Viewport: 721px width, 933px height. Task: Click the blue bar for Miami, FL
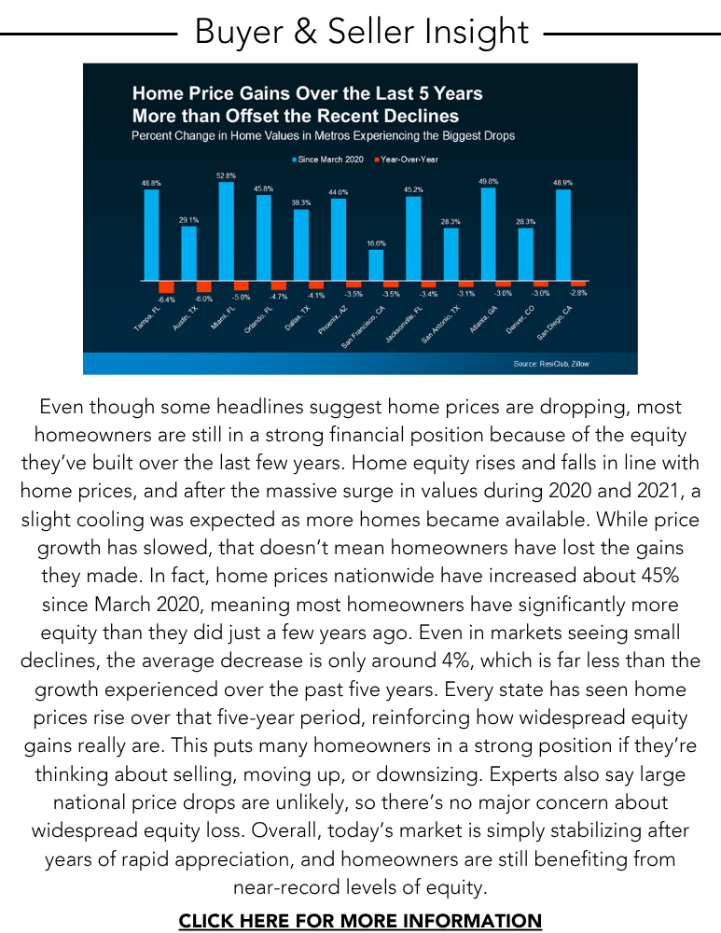click(x=226, y=230)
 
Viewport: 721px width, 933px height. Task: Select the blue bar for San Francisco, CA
click(x=376, y=265)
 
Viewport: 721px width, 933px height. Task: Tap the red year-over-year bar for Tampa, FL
click(x=167, y=286)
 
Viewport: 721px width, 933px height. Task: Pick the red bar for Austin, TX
click(x=204, y=286)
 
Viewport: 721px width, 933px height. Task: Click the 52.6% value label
click(x=226, y=175)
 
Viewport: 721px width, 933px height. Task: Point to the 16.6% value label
click(x=376, y=243)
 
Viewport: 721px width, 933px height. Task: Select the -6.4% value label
click(x=167, y=299)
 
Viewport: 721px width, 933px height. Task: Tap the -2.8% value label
click(x=578, y=293)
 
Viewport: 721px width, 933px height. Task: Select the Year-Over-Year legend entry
click(x=409, y=160)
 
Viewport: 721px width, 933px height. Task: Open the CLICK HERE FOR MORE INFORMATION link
click(x=360, y=921)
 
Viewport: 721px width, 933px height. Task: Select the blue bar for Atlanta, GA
click(x=488, y=233)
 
